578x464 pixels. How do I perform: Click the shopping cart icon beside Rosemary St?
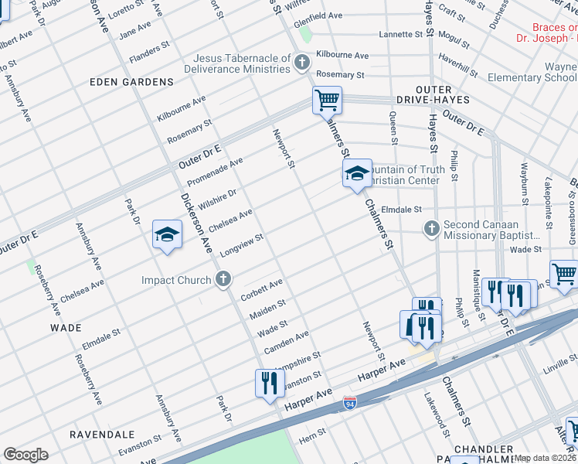[x=327, y=100]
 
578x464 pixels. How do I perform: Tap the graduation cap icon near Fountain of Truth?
[x=357, y=175]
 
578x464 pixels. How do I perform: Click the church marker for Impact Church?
[x=223, y=280]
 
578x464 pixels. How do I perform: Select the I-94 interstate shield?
[x=350, y=403]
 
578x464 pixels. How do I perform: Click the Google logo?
[x=25, y=455]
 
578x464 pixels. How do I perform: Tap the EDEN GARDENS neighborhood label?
[x=131, y=82]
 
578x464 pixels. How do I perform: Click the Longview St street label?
[x=243, y=244]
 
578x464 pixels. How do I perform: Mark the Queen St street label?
[x=393, y=128]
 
